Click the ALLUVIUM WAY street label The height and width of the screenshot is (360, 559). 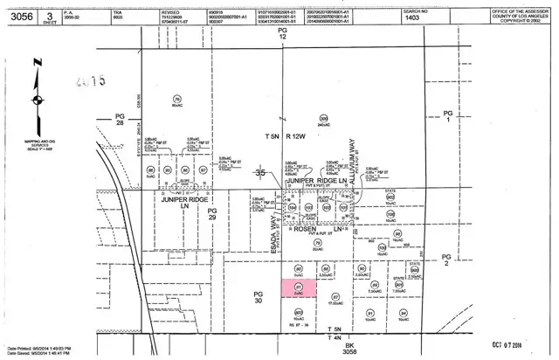click(354, 163)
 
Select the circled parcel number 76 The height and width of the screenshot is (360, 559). click(177, 100)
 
